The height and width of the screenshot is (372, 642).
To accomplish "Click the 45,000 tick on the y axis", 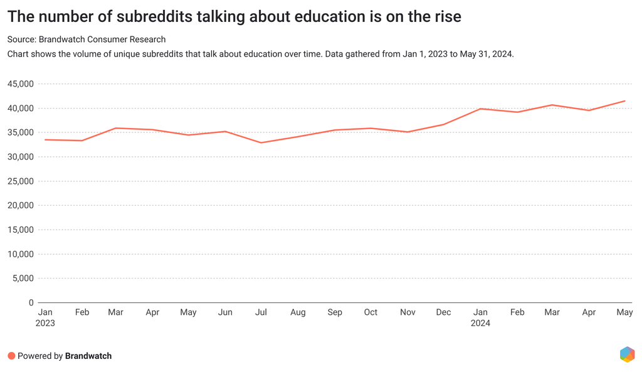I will click(x=21, y=84).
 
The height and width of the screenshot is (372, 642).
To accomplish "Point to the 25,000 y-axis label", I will click(x=21, y=181).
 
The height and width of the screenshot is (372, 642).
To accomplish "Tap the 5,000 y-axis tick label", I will click(x=24, y=279).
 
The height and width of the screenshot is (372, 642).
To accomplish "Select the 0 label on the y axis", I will click(x=31, y=303).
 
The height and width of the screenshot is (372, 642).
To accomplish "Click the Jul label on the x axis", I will click(x=261, y=312).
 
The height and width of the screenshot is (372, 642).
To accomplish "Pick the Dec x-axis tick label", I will click(x=443, y=312).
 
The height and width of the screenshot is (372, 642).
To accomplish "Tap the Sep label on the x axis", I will click(x=335, y=312).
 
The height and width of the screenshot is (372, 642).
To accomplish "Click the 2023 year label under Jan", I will click(x=45, y=323).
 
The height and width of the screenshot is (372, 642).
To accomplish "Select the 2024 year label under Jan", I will click(x=480, y=323).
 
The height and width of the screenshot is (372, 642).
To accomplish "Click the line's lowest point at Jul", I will click(x=261, y=142).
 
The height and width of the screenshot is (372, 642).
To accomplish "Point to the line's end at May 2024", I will click(x=624, y=101).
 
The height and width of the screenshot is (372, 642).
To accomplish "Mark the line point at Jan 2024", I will click(x=480, y=109).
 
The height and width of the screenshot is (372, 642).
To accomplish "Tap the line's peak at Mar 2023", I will click(x=116, y=128).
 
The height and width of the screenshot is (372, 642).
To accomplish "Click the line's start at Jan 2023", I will click(x=45, y=140).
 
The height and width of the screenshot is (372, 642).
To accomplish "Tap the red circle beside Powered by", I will click(x=11, y=356).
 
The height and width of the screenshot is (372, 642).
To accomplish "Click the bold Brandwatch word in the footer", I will click(x=88, y=356).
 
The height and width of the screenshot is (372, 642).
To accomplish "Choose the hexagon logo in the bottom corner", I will click(x=627, y=354).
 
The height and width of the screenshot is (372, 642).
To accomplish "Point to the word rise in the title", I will click(x=446, y=16).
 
